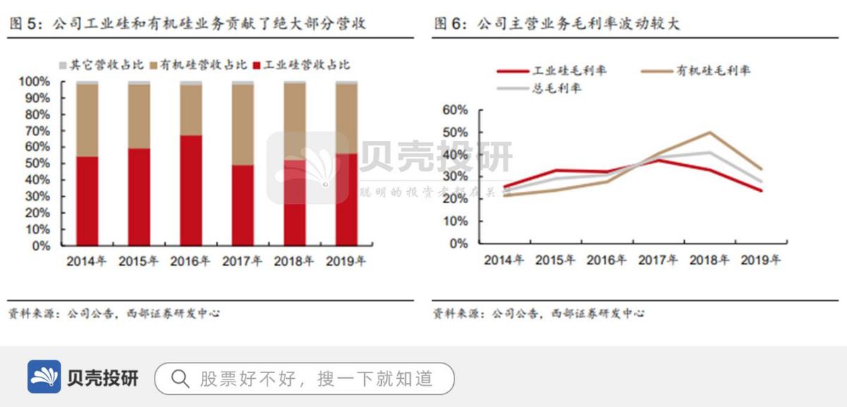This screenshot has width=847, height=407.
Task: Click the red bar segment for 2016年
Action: tap(191, 190)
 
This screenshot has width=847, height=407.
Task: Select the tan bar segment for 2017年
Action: tap(243, 125)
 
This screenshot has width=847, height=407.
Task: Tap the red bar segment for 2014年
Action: tap(87, 201)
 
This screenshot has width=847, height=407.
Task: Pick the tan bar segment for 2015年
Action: tap(139, 116)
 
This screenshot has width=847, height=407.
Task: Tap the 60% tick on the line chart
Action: tap(454, 110)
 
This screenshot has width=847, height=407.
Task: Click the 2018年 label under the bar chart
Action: tap(294, 262)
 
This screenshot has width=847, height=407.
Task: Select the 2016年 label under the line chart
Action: tap(606, 260)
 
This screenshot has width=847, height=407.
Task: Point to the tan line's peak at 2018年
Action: tap(709, 133)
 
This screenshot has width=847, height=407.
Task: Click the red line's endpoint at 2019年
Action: tap(760, 190)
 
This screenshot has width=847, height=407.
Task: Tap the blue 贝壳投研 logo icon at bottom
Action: tap(44, 377)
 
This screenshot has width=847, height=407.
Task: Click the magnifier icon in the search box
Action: tap(180, 379)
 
